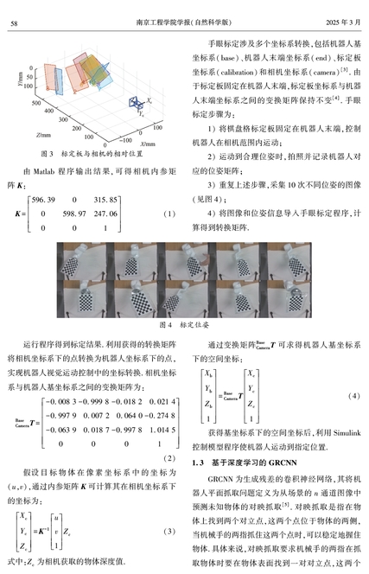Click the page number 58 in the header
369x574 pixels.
[14, 23]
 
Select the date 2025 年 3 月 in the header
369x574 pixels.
[343, 22]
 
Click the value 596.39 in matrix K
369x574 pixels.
[43, 200]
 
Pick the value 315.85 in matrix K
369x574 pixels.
[105, 200]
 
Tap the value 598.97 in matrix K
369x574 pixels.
[74, 214]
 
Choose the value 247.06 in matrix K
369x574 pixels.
[105, 214]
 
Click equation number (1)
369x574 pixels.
[169, 214]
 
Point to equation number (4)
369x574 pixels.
[353, 396]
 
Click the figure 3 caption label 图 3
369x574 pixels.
[47, 154]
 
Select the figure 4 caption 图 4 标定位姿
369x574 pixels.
[184, 325]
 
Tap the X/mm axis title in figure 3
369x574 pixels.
[148, 143]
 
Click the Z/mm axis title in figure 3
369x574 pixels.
[43, 135]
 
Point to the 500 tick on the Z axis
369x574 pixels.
[36, 103]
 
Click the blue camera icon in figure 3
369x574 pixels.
[136, 102]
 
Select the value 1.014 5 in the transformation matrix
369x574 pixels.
[162, 430]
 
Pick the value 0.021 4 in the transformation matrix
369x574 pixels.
[162, 402]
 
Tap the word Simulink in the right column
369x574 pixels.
[347, 433]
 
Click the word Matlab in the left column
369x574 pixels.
[44, 171]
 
